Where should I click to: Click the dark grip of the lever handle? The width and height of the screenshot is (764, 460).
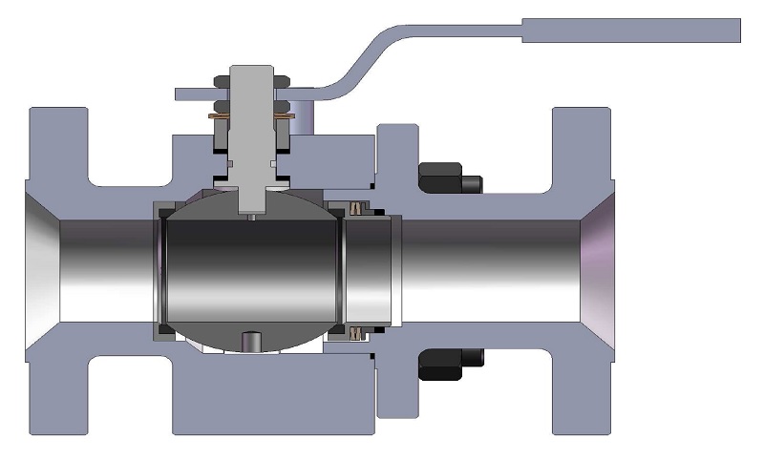coord(630,31)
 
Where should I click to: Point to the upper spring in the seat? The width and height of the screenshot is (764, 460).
coord(360,207)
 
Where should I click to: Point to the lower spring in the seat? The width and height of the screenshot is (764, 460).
coord(360,333)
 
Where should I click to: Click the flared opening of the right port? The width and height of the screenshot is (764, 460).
coord(597,269)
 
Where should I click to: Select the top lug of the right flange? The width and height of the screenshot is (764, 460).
coord(581,143)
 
